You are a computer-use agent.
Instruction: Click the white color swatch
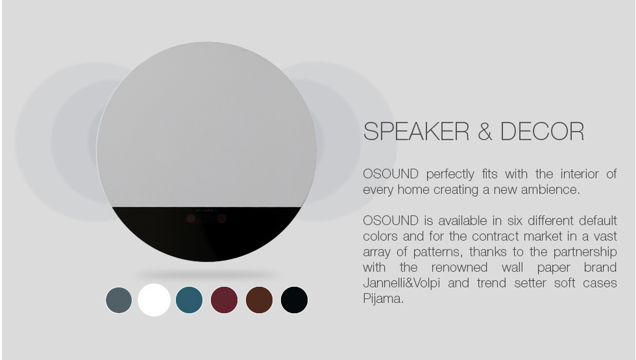[154, 300]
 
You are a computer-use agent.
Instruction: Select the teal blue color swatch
[189, 300]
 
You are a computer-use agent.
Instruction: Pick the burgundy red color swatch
[225, 300]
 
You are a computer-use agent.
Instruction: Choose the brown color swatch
[259, 300]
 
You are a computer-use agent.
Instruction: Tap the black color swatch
[294, 300]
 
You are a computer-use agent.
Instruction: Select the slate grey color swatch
[119, 300]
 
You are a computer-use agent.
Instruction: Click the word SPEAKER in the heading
[416, 131]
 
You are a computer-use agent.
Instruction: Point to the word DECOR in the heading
[542, 131]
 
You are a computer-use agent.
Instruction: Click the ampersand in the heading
[485, 131]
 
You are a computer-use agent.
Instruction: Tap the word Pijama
[384, 299]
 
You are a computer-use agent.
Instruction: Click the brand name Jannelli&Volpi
[402, 283]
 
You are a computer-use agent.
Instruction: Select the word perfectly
[450, 174]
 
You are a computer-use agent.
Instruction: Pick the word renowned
[459, 267]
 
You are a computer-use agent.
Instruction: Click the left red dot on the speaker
[191, 219]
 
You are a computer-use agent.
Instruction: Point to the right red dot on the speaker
[221, 219]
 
